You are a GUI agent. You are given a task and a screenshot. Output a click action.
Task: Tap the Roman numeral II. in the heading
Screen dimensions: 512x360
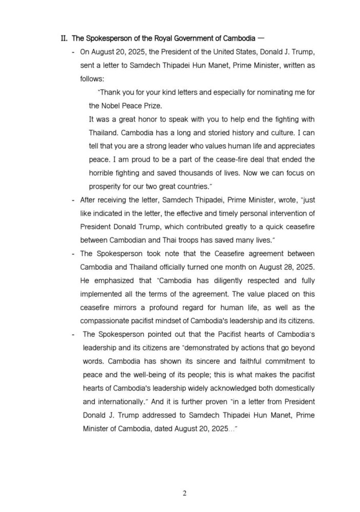click(64, 38)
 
